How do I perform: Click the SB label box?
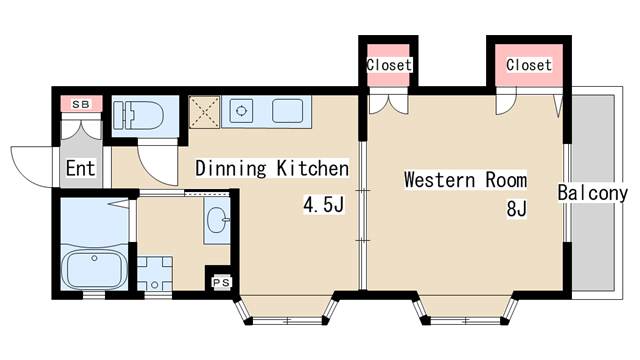[81, 104]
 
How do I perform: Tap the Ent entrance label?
[80, 168]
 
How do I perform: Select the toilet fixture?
[138, 116]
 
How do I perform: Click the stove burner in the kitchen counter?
[241, 111]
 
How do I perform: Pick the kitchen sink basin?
[287, 111]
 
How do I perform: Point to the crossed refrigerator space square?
[204, 112]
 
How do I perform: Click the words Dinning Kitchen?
[272, 168]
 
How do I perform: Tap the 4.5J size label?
[324, 205]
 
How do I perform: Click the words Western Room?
[465, 180]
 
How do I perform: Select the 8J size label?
[517, 209]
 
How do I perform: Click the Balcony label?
[592, 193]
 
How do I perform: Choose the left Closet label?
[389, 64]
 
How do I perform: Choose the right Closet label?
[529, 64]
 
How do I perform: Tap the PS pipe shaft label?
[222, 282]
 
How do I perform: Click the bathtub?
[94, 267]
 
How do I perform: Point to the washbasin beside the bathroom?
[217, 220]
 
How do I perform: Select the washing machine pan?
[154, 273]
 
